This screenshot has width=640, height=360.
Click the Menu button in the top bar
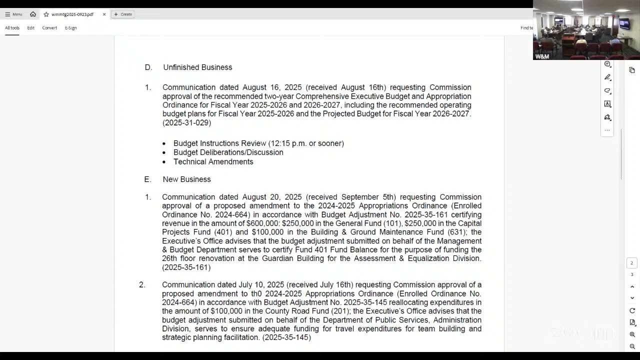pos(13,14)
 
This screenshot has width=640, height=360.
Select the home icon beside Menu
pos(33,14)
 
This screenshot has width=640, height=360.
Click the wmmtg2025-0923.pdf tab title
pos(72,14)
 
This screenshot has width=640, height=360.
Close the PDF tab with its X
pos(104,14)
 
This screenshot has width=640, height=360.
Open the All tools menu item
pos(12,28)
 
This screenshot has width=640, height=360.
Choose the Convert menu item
pos(49,28)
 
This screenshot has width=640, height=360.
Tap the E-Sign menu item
pos(70,28)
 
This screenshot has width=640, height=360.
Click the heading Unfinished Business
pos(197,67)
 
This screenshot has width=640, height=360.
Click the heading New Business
pos(186,179)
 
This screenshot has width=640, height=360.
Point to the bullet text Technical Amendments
pos(213,162)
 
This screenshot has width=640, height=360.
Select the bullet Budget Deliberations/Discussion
pos(228,152)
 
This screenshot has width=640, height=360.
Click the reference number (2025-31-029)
pos(186,123)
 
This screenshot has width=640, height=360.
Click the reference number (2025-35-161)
pos(186,267)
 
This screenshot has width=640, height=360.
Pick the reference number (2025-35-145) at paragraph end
pos(286,337)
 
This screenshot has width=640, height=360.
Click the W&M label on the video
pos(542,56)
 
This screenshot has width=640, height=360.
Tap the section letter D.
pos(148,67)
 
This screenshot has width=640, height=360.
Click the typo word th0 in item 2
pos(256,293)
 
